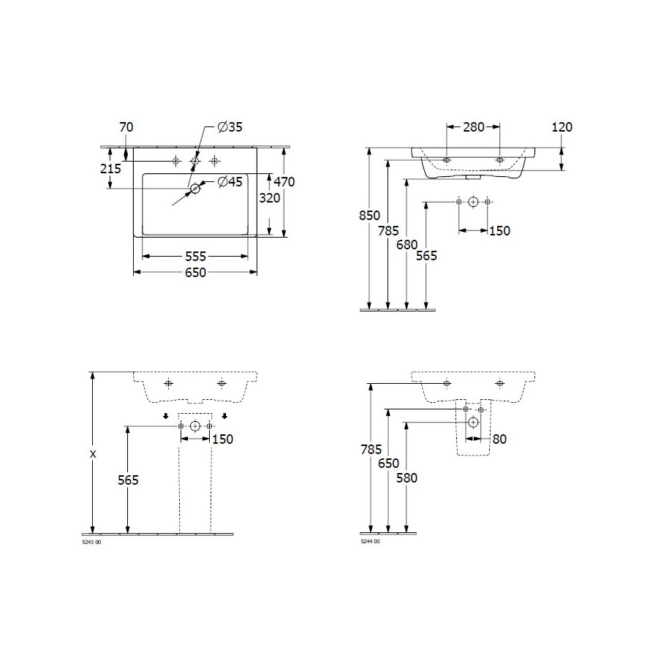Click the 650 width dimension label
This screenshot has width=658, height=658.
pyautogui.click(x=195, y=273)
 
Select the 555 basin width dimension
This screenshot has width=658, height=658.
pyautogui.click(x=195, y=257)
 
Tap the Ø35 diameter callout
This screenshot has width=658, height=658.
pyautogui.click(x=230, y=126)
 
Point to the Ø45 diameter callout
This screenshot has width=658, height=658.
pyautogui.click(x=230, y=182)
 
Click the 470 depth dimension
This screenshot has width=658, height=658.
pyautogui.click(x=284, y=182)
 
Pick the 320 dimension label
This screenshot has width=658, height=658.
pyautogui.click(x=269, y=197)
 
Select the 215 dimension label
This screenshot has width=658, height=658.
pyautogui.click(x=110, y=168)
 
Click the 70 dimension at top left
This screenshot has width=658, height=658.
pyautogui.click(x=126, y=126)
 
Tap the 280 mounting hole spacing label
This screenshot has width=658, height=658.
pyautogui.click(x=474, y=126)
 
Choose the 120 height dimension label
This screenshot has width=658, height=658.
pyautogui.click(x=562, y=126)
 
